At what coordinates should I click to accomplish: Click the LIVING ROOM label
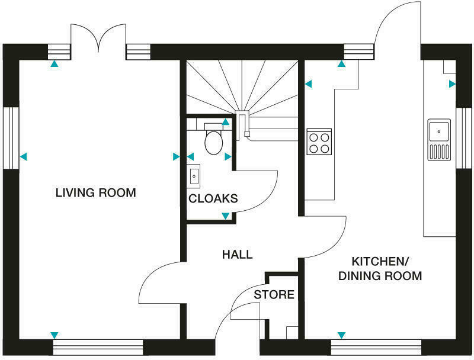point(96,192)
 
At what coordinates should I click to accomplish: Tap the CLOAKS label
point(213,198)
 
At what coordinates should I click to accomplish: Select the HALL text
point(238,254)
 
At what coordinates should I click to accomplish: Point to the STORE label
point(274,294)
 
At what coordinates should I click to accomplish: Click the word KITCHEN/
point(380,261)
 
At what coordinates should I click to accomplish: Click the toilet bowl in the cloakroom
point(214,142)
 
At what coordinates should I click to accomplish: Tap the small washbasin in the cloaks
point(194,175)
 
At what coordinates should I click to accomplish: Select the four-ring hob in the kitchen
point(319,142)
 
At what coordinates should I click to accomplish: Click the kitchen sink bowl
point(439,131)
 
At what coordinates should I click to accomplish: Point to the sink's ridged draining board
point(439,152)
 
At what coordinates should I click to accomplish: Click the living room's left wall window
point(11,138)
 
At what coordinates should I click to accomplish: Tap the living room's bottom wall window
point(98,347)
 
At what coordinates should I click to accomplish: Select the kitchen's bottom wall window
point(376,347)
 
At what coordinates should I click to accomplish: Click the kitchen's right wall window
point(463,138)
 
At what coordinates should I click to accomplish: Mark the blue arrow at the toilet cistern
point(226,122)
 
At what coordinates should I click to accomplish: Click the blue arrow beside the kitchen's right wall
point(452,84)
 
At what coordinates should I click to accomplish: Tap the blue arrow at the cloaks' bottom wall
point(226,216)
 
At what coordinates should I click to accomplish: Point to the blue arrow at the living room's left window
point(23,156)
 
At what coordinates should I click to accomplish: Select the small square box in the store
point(292,333)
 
